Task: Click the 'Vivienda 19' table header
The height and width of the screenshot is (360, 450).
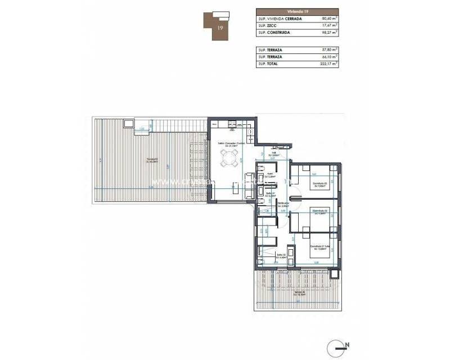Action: click(x=296, y=10)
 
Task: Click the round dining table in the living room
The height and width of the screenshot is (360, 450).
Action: click(x=229, y=162)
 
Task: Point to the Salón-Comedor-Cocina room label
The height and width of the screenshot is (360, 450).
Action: click(x=231, y=143)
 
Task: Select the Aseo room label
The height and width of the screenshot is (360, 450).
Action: click(x=270, y=174)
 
